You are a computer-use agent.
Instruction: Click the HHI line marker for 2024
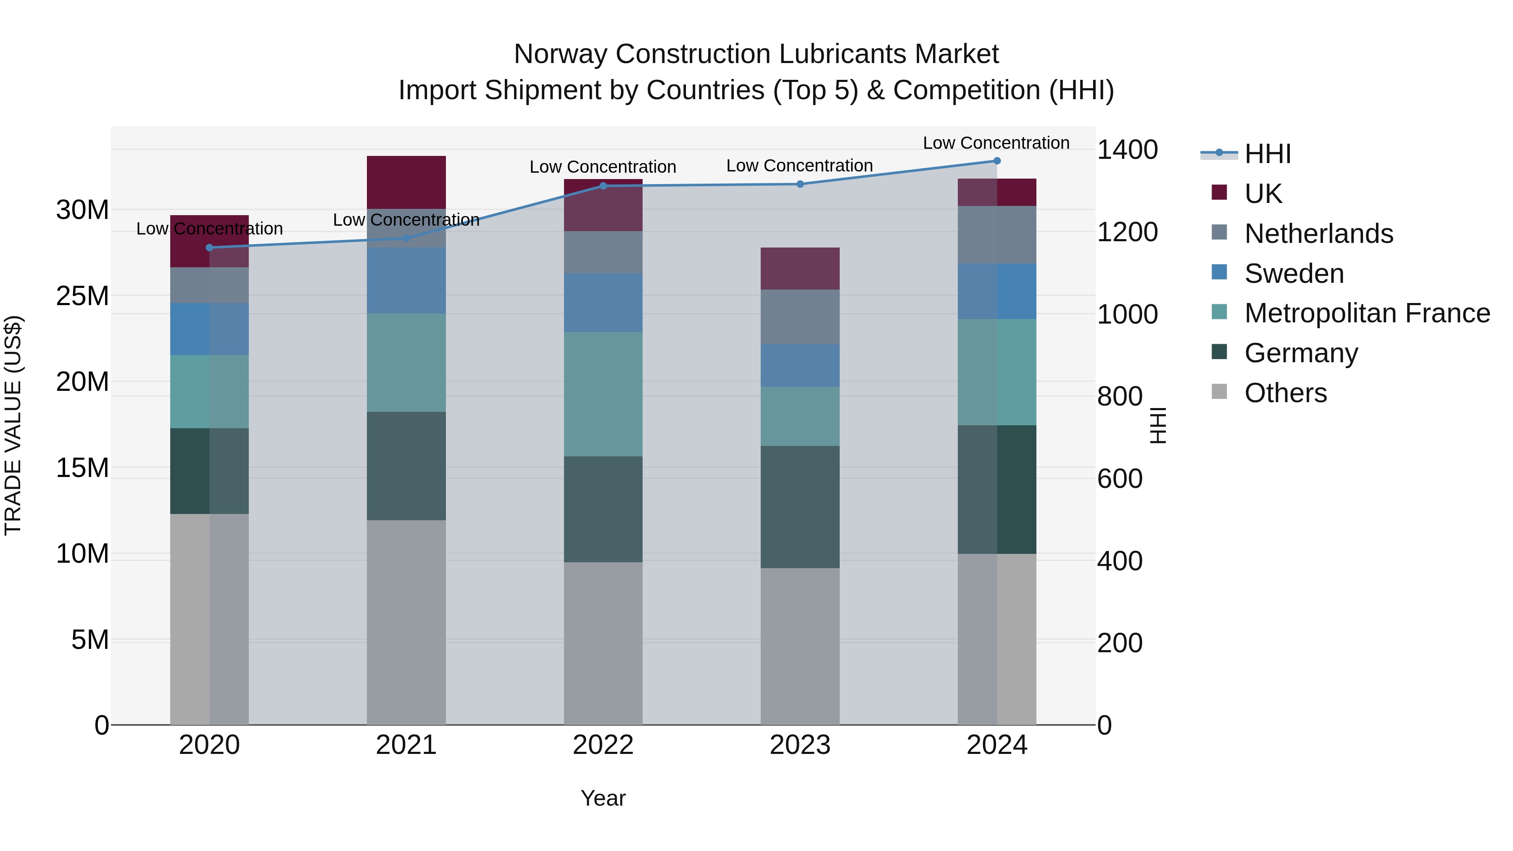(997, 161)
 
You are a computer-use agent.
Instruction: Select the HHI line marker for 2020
(210, 248)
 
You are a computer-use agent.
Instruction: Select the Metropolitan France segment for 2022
(603, 394)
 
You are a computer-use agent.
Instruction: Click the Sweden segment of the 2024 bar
(997, 291)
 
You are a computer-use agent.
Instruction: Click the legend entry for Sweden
(1294, 274)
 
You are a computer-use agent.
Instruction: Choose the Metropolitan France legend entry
(1367, 314)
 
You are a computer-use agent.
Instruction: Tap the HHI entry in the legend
(1268, 154)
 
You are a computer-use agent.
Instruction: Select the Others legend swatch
(1219, 392)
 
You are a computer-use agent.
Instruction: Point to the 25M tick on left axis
(82, 296)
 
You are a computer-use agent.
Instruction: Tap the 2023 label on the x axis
(799, 745)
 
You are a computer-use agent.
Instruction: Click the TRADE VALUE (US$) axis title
(13, 425)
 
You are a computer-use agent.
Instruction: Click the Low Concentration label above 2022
(603, 167)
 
